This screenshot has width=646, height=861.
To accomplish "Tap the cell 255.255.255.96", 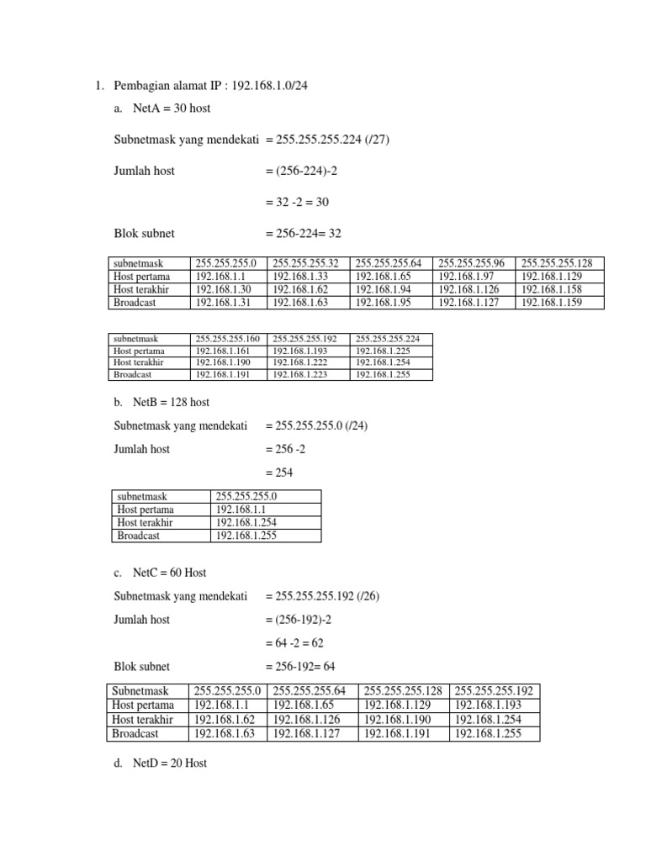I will point(474,263).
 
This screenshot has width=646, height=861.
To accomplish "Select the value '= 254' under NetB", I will point(279,473).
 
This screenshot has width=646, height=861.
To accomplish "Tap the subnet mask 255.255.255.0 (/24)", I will point(316,425).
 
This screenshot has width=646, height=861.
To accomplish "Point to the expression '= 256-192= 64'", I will point(300,667).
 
